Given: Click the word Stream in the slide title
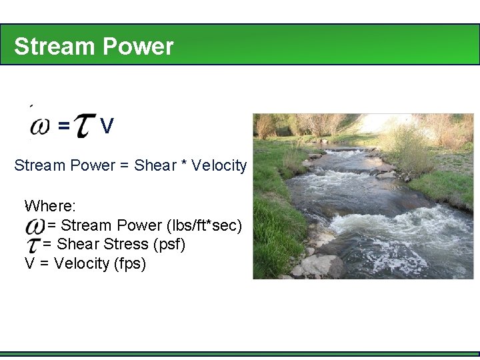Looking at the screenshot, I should click(x=53, y=47).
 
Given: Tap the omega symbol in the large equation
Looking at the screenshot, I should click(x=40, y=126).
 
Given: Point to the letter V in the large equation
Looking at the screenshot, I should click(x=107, y=125).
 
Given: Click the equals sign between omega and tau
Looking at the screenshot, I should click(x=63, y=125).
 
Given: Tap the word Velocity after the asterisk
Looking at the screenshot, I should click(x=219, y=165).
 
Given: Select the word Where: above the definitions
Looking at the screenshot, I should click(x=50, y=205).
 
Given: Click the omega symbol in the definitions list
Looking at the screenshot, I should click(x=35, y=225).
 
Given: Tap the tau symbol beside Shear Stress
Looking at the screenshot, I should click(x=33, y=245).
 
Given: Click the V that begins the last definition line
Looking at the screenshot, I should click(x=30, y=264).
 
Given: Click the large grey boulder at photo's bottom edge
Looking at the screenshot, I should click(x=321, y=267).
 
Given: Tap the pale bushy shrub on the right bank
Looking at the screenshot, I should click(x=406, y=147).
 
